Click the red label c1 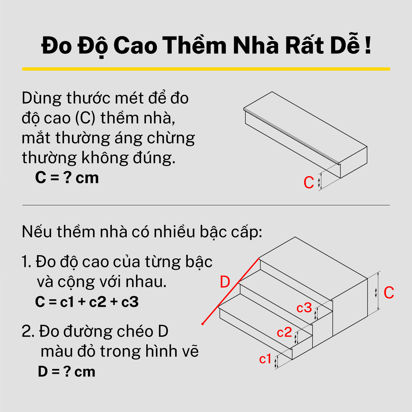tap(265, 359)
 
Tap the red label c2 tap(284, 332)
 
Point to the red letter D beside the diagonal tap(225, 282)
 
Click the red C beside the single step tap(309, 182)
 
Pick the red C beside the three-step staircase tap(389, 293)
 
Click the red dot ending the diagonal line tap(202, 324)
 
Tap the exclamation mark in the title tap(368, 45)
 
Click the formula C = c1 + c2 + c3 tap(87, 302)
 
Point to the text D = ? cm tap(66, 372)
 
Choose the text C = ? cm tap(67, 178)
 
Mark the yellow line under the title tap(206, 69)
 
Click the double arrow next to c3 tap(315, 314)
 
